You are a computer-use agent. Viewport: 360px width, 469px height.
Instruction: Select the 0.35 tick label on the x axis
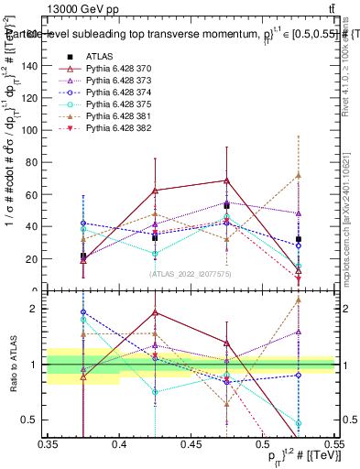[x=48, y=443]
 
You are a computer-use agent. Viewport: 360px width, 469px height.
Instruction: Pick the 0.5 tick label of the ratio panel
[x=33, y=420]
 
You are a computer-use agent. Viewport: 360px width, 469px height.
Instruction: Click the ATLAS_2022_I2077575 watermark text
[x=190, y=274]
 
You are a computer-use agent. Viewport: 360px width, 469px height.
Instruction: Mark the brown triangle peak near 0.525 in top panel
[x=298, y=175]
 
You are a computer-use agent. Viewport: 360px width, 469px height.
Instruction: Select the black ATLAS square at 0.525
[x=298, y=239]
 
